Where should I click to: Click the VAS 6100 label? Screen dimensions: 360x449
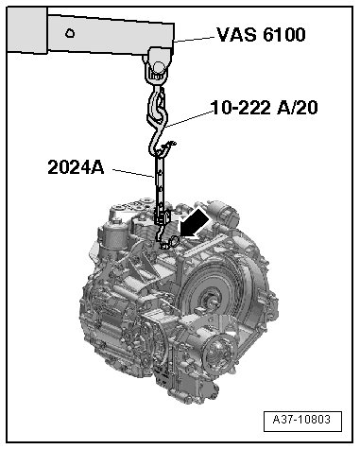tap(261, 34)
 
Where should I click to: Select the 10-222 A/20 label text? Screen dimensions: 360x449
tap(265, 108)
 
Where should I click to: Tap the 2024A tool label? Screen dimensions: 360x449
tap(76, 167)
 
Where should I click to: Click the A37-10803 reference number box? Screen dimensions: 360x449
tap(302, 421)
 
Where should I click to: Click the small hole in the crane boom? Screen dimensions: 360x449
tap(70, 33)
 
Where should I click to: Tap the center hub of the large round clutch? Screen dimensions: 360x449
tap(211, 300)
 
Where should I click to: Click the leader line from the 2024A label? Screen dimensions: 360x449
tap(133, 174)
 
